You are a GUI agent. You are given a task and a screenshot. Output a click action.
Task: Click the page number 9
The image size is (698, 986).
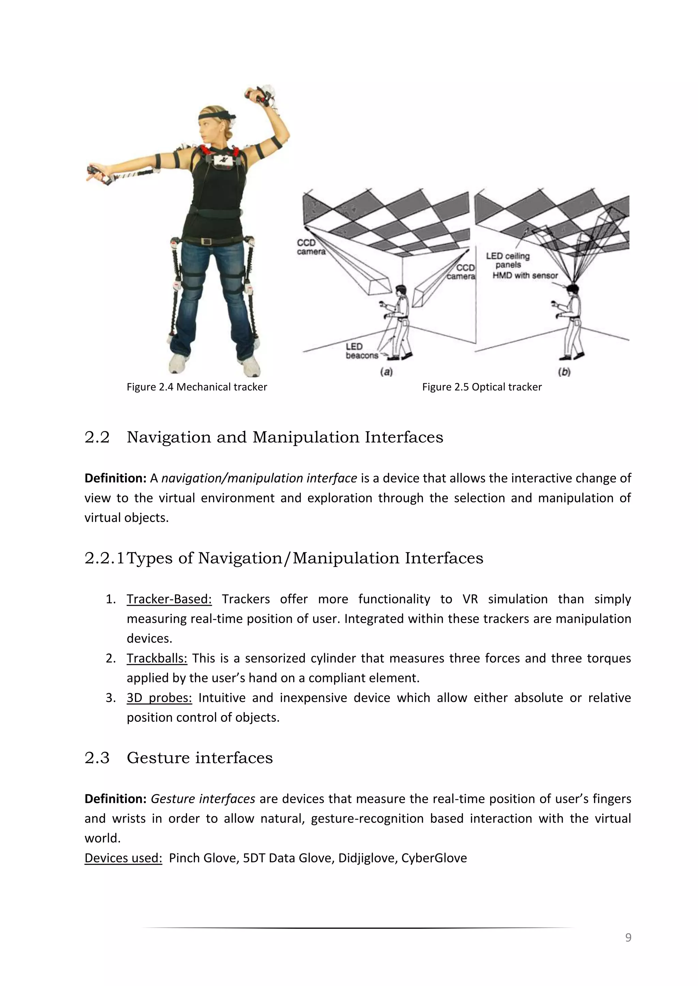point(628,937)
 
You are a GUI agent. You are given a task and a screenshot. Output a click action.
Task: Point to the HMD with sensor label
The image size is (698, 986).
point(525,276)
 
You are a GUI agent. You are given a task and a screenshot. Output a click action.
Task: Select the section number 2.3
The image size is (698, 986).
point(97,758)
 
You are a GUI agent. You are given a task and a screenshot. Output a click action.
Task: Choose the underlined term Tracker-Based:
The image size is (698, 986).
point(169,599)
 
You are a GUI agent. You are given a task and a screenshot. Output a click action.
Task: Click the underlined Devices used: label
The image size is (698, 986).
point(123,858)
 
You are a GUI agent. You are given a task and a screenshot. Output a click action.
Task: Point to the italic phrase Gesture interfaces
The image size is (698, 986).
point(202,799)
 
